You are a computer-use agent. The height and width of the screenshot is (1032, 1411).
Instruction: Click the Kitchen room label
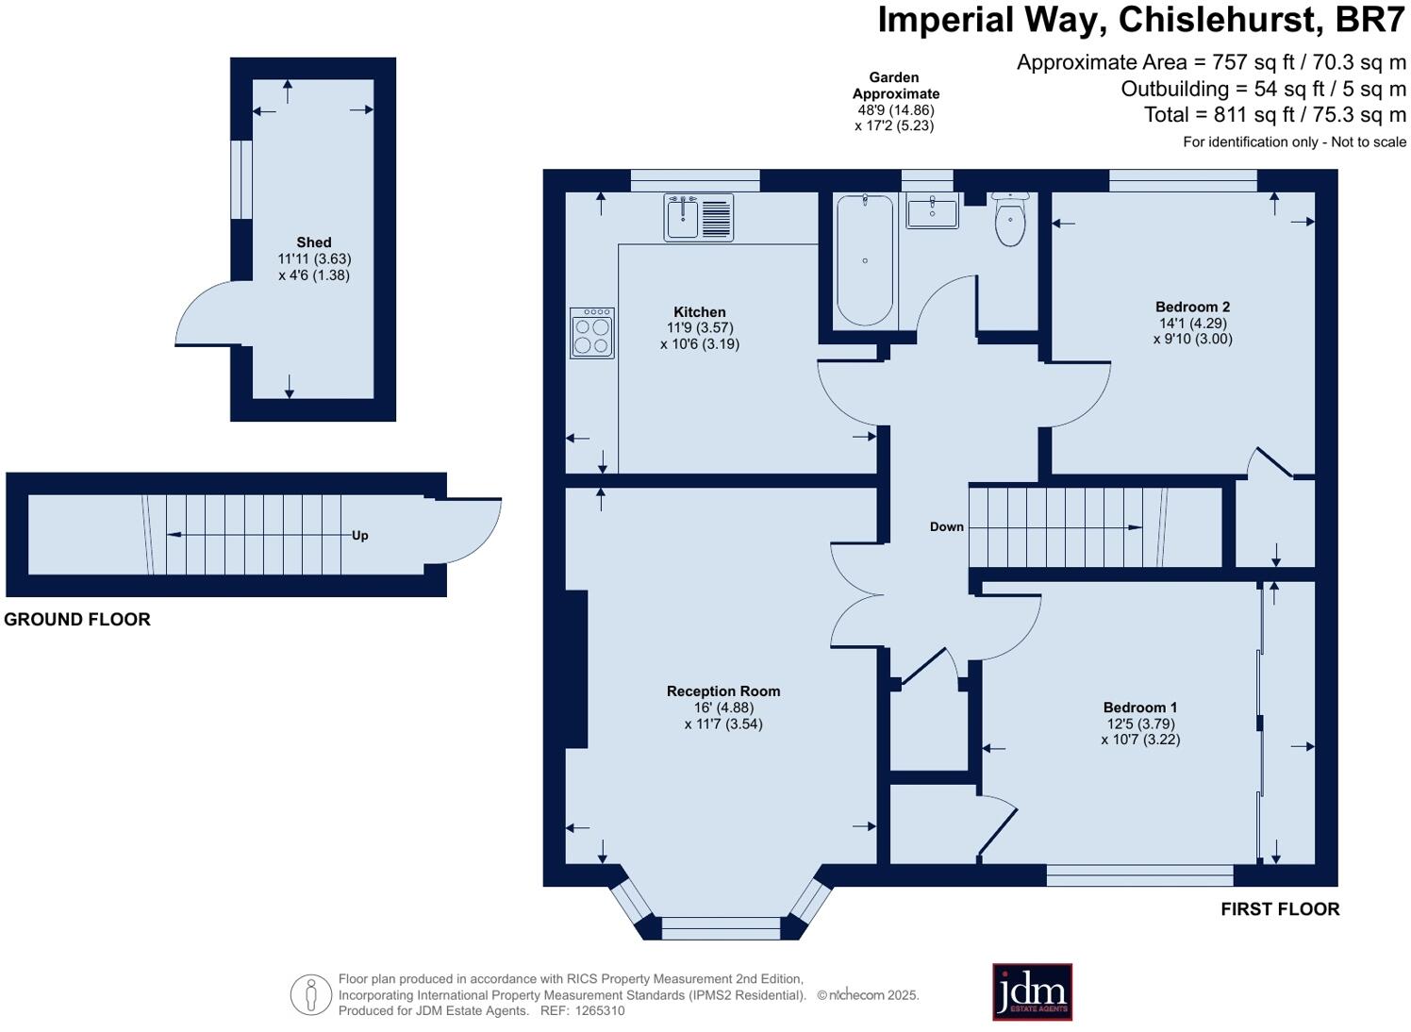699,312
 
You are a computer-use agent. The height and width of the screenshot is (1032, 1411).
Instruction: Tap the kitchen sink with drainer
699,217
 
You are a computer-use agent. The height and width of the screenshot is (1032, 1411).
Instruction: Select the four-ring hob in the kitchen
591,333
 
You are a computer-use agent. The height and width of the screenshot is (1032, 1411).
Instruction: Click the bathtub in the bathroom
864,259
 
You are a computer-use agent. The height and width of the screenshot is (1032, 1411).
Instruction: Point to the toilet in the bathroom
1010,219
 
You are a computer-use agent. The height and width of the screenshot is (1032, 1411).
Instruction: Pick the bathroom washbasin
932,209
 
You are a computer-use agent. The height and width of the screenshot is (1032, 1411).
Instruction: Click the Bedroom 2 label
1192,307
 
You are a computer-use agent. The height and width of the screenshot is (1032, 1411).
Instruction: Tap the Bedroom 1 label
1140,707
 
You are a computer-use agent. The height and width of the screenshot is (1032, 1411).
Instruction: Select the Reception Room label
723,691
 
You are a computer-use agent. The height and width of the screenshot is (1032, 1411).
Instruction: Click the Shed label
314,241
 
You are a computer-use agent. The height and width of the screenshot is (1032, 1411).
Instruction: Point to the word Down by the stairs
947,526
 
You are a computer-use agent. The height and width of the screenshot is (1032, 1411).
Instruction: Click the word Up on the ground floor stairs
359,536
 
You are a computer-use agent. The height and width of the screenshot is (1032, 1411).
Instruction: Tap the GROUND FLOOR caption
77,620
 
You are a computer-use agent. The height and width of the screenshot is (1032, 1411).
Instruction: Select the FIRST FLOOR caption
1280,909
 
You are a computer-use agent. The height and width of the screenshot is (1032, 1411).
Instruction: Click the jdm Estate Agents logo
1032,991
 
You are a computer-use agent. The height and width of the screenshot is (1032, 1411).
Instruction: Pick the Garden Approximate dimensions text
895,102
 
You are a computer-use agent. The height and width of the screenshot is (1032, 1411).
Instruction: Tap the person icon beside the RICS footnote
310,995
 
